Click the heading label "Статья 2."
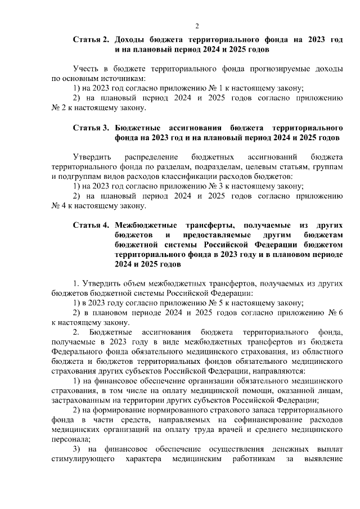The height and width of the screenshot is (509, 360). (x=91, y=40)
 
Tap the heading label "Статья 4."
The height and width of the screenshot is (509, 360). (x=91, y=225)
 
